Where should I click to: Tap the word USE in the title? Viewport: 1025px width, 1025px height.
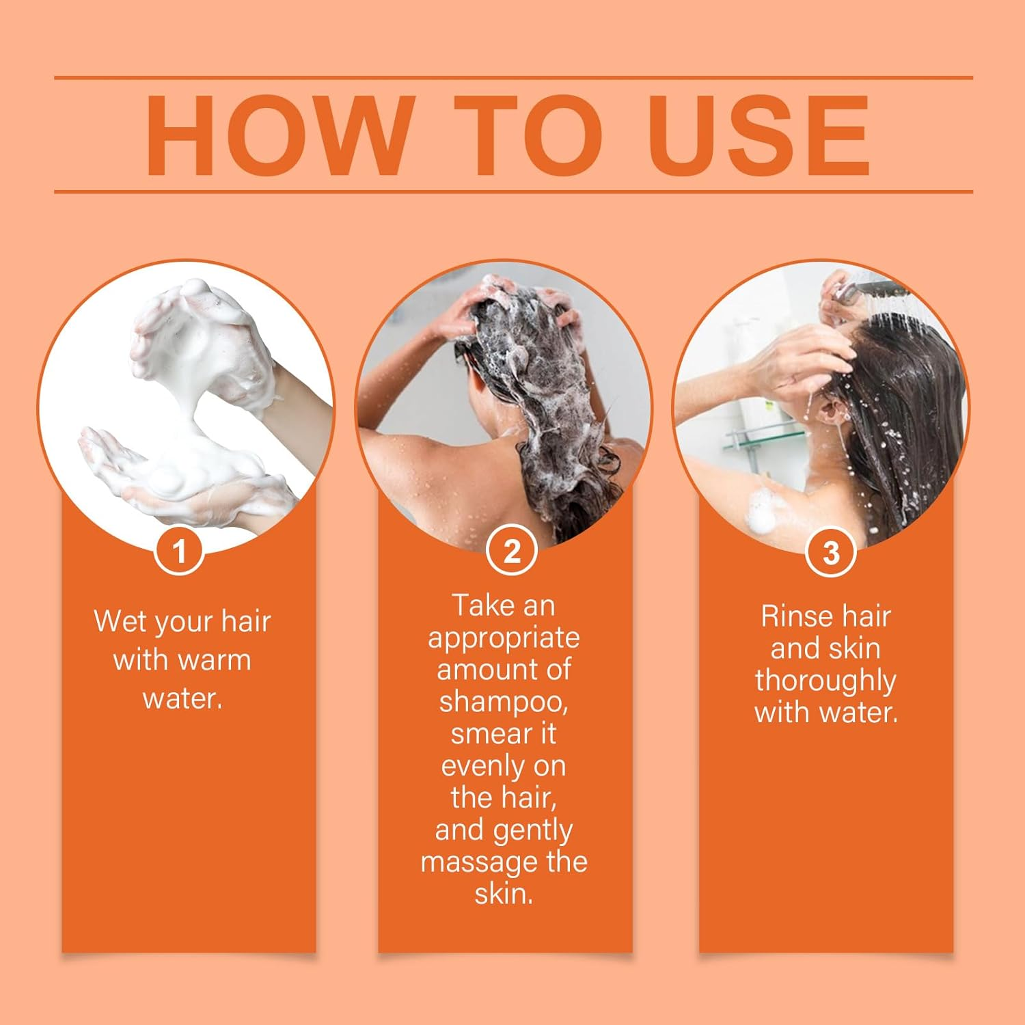(759, 135)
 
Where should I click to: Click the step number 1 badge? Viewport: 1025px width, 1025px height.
(180, 551)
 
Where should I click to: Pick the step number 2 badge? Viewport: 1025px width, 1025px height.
(512, 551)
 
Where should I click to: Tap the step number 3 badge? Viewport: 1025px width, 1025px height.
(831, 552)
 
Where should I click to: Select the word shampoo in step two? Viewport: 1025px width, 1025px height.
(504, 702)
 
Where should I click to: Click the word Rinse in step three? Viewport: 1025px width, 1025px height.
(797, 616)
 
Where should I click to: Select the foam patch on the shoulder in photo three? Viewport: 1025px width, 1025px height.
(762, 509)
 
